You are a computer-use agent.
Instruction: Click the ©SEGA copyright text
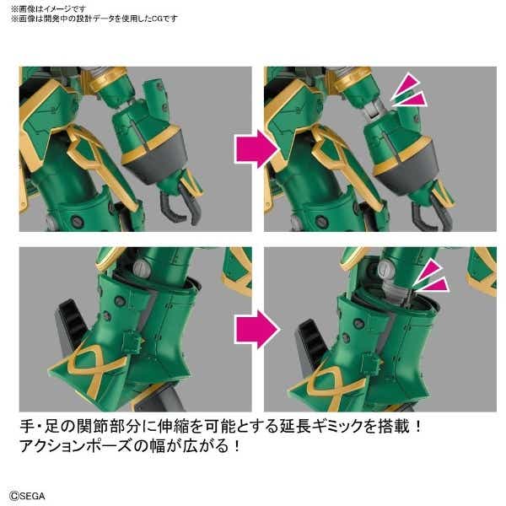27,495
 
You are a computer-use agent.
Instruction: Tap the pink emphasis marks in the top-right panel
410,91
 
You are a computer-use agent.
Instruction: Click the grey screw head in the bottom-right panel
385,268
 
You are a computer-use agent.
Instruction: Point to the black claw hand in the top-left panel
180,203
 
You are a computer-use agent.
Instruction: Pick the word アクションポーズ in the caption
76,446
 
